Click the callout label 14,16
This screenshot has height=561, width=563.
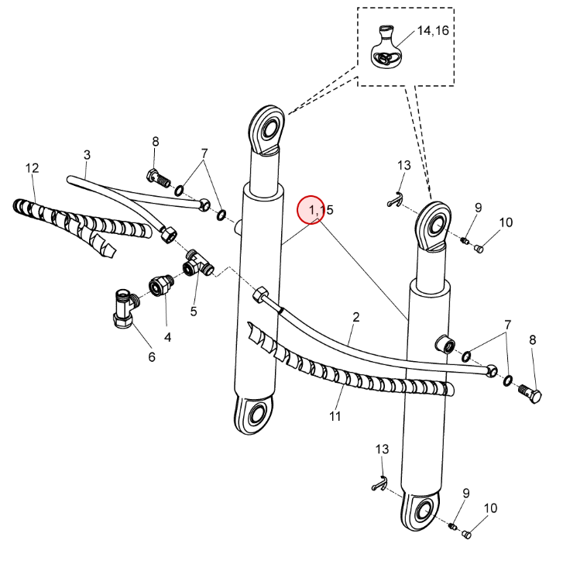(x=433, y=30)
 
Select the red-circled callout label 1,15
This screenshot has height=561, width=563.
(x=321, y=210)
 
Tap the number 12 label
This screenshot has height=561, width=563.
(x=32, y=167)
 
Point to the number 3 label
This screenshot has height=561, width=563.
(x=87, y=155)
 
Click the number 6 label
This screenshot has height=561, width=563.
(x=152, y=357)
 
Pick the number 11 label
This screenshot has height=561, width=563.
(x=335, y=416)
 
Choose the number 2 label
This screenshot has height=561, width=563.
(x=355, y=317)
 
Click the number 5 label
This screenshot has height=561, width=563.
(x=194, y=311)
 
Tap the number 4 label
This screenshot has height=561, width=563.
(x=167, y=337)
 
